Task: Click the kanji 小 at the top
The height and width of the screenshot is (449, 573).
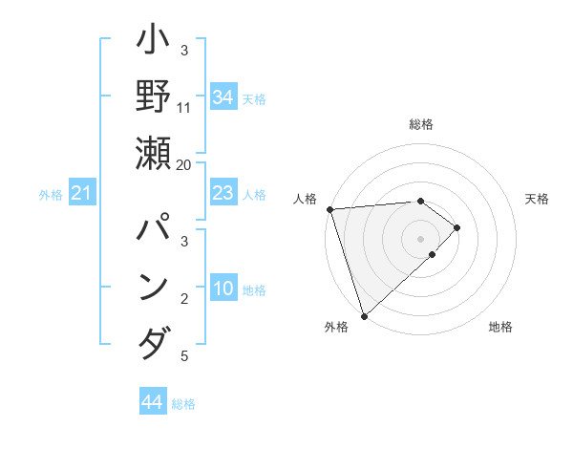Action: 154,45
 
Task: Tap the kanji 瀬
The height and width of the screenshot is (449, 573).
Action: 154,154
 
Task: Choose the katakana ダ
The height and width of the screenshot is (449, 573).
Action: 154,343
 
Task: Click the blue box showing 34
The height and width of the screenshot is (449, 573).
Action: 223,97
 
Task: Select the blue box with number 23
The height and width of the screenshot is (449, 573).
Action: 223,194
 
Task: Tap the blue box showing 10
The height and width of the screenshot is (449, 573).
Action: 223,290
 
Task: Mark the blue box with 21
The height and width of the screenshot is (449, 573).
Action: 82,195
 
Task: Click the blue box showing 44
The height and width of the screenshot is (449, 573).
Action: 152,402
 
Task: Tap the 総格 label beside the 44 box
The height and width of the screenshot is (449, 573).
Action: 183,404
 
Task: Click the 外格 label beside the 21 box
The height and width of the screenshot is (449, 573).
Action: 51,196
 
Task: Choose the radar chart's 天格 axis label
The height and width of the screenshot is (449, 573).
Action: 537,199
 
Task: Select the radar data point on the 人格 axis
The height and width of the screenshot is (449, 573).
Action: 329,209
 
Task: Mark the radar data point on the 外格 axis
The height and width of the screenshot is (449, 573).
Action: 364,315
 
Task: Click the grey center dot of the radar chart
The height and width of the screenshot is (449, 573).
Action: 420,238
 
